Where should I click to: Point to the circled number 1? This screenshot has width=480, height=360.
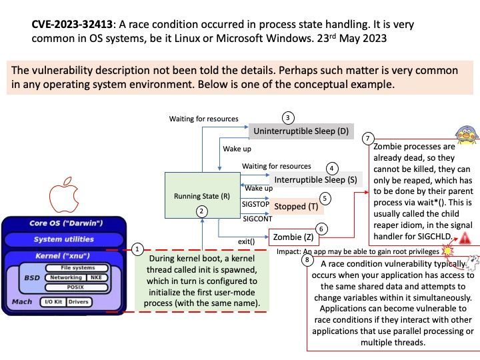pos(137,249)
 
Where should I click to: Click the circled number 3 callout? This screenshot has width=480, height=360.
pos(288,118)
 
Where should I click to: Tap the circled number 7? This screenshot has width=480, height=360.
pos(367,139)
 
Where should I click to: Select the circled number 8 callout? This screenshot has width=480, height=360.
pos(307,260)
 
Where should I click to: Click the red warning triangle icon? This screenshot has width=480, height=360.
pos(465,237)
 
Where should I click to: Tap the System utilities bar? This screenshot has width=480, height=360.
pos(64,239)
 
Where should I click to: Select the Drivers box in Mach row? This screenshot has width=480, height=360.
pos(78,302)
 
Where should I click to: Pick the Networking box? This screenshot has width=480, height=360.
pos(66,277)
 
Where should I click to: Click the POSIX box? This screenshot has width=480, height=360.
pos(75,287)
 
